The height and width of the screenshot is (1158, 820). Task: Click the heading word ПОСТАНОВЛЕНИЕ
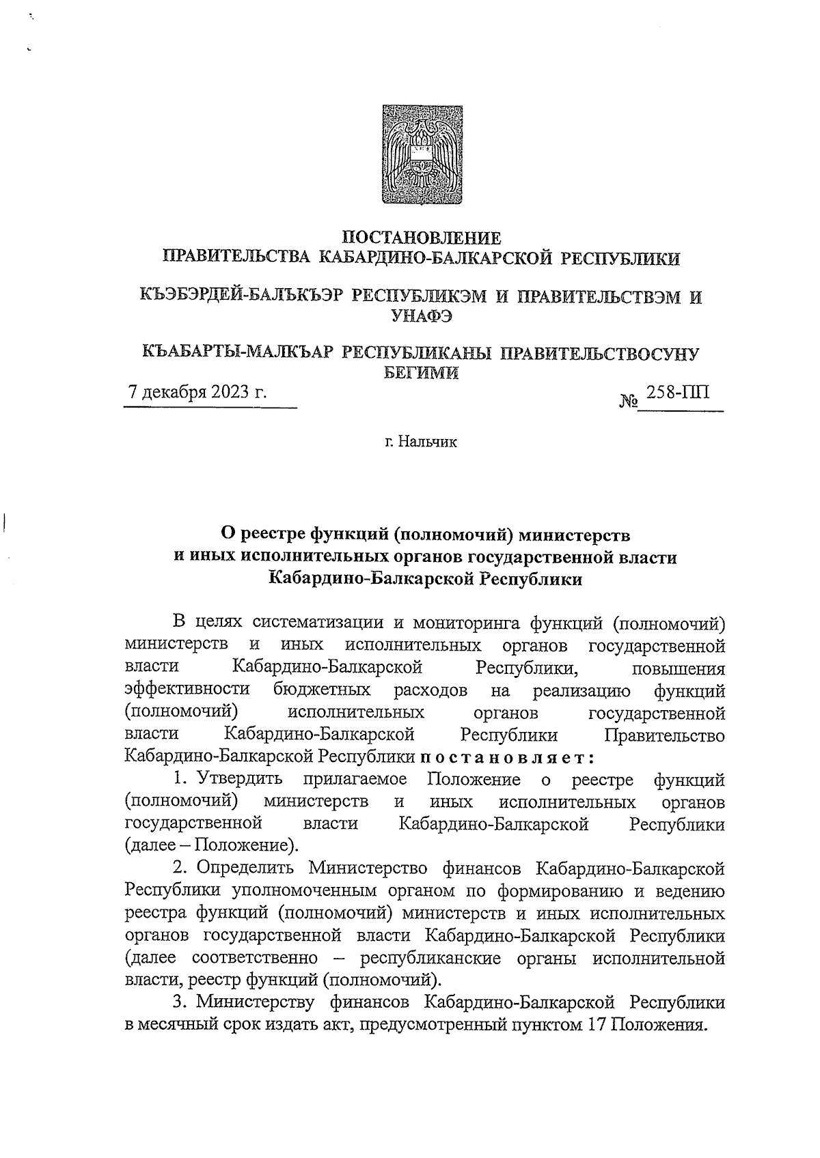pyautogui.click(x=422, y=238)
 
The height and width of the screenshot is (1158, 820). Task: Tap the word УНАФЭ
pyautogui.click(x=422, y=316)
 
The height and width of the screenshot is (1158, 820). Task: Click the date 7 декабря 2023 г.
pyautogui.click(x=197, y=393)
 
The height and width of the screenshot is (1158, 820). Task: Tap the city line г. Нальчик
pyautogui.click(x=420, y=442)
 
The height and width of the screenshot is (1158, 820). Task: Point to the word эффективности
pyautogui.click(x=187, y=690)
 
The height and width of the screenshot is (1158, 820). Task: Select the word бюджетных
pyautogui.click(x=322, y=690)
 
